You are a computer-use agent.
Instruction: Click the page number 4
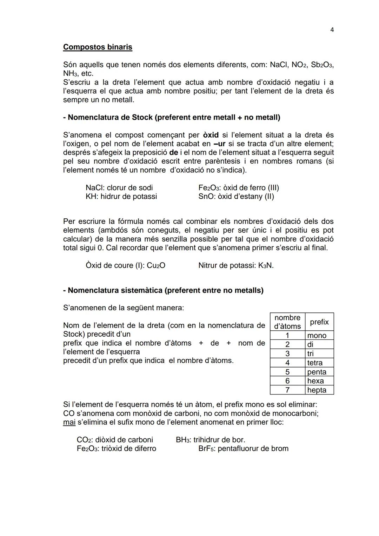pyautogui.click(x=332, y=30)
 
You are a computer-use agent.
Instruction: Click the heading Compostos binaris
pyautogui.click(x=98, y=47)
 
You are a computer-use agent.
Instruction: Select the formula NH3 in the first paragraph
pyautogui.click(x=69, y=74)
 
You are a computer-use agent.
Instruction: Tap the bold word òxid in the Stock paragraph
pyautogui.click(x=211, y=135)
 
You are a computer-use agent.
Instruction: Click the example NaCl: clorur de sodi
pyautogui.click(x=119, y=188)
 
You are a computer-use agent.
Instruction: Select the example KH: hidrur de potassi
pyautogui.click(x=121, y=197)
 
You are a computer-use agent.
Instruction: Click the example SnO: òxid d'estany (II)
pyautogui.click(x=236, y=197)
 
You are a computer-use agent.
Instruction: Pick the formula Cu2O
pyautogui.click(x=156, y=266)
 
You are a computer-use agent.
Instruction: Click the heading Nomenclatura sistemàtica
pyautogui.click(x=163, y=291)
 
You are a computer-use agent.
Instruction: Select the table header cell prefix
pyautogui.click(x=319, y=322)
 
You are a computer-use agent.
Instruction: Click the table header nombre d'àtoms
pyautogui.click(x=287, y=322)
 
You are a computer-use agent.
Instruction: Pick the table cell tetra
pyautogui.click(x=315, y=363)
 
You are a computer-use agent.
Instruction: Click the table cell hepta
pyautogui.click(x=317, y=390)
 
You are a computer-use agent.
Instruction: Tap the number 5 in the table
pyautogui.click(x=287, y=372)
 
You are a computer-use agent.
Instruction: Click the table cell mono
pyautogui.click(x=317, y=336)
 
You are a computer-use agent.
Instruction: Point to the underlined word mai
pyautogui.click(x=69, y=422)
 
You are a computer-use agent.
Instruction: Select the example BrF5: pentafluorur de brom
pyautogui.click(x=243, y=449)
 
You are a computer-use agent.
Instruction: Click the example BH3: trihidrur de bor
pyautogui.click(x=211, y=440)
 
